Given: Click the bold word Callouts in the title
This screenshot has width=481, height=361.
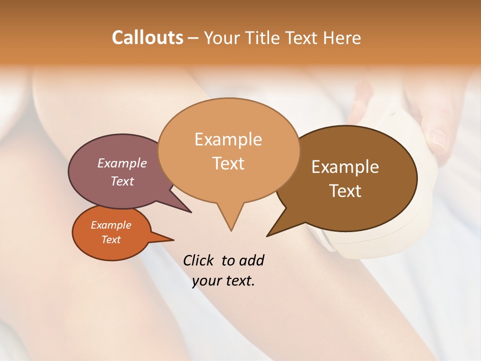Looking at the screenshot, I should [147, 38].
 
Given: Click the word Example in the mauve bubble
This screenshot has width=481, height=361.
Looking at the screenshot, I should [122, 163].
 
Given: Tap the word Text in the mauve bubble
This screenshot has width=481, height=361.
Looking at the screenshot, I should [122, 181].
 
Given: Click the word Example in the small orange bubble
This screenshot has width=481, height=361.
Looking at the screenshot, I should [111, 225].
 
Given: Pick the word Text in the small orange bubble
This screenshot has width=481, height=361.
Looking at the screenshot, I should [111, 240].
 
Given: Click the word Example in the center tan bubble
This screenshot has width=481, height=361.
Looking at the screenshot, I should [228, 139].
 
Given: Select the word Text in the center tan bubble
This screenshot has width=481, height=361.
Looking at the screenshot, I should [228, 163].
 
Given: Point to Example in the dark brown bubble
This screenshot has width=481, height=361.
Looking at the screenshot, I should [345, 167].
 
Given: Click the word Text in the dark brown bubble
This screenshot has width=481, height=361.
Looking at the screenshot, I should [345, 191].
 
